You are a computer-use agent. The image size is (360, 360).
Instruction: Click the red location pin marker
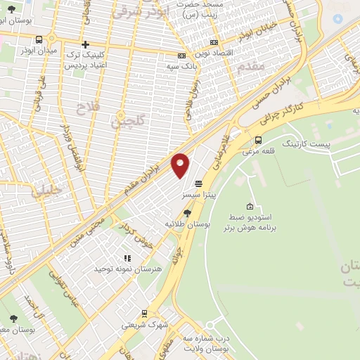coord(181,165)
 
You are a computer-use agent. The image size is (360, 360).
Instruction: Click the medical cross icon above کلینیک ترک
coord(85,43)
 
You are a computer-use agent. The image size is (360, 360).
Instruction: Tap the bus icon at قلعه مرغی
coord(259,140)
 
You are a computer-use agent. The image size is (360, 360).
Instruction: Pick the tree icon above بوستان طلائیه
coord(187,212)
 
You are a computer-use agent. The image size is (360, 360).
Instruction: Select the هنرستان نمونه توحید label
coord(127,269)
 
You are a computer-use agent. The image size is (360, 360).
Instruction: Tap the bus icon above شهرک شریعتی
coord(144,314)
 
